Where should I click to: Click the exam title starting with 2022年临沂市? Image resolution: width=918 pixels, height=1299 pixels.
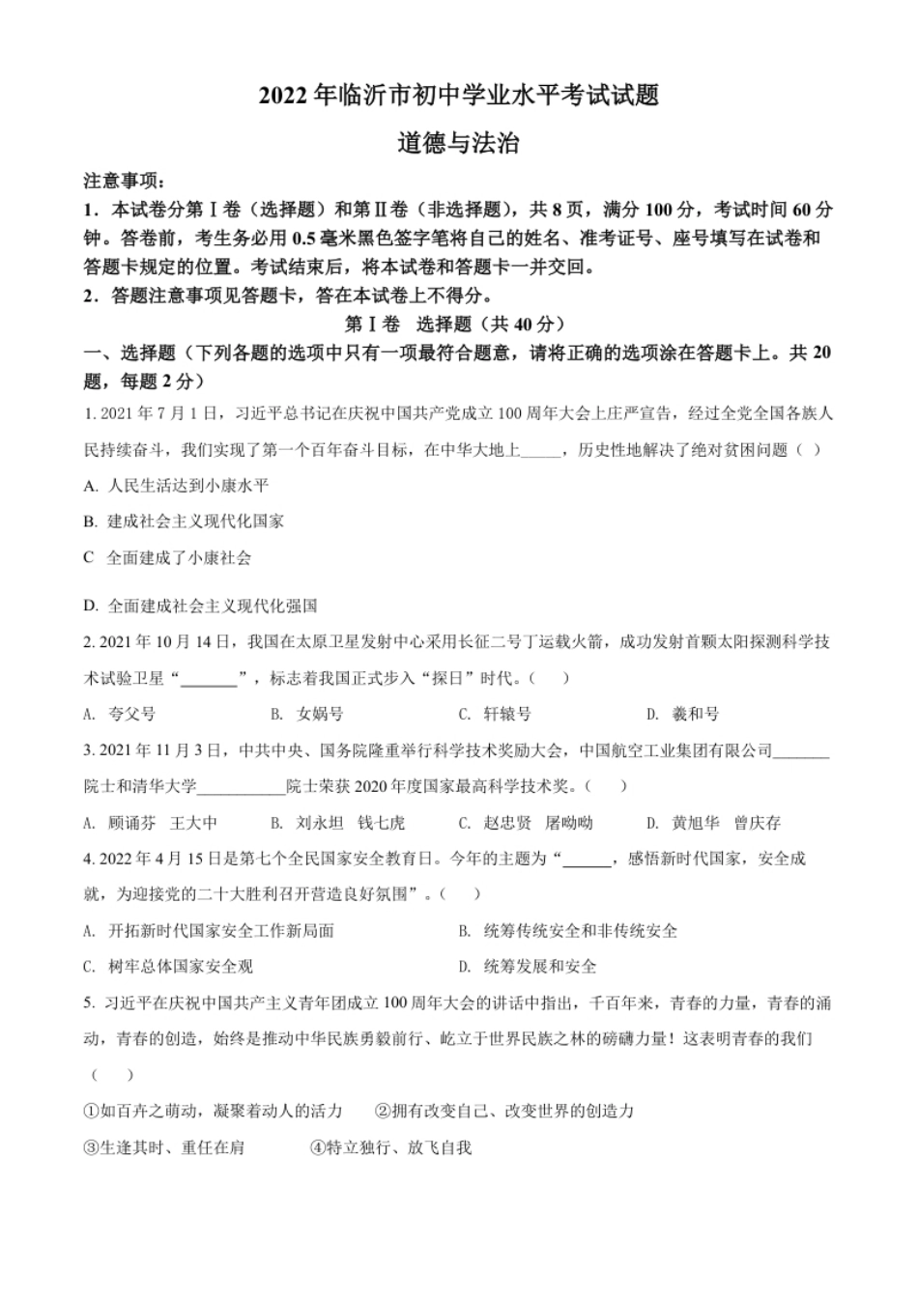[x=459, y=96]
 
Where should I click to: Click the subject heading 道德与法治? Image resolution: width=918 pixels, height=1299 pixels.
[x=459, y=144]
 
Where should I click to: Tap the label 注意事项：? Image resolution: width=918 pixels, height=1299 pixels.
[x=125, y=181]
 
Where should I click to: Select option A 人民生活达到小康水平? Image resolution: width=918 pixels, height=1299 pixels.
[x=176, y=485]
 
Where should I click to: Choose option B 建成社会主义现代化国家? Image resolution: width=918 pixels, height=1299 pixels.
[x=184, y=521]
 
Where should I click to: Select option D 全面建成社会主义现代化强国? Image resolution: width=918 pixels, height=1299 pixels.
[x=200, y=606]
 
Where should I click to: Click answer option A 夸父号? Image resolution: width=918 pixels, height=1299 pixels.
[x=120, y=714]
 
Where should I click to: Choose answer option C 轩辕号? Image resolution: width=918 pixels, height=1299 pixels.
[x=495, y=714]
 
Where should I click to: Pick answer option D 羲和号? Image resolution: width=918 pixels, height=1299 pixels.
[x=683, y=714]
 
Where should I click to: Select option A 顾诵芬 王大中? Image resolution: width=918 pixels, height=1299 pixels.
[x=151, y=823]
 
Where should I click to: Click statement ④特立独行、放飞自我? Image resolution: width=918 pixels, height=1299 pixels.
[x=390, y=1147]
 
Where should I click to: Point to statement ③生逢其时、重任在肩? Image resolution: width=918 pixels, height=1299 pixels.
[x=164, y=1147]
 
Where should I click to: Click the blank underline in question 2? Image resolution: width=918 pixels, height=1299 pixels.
[x=210, y=679]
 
